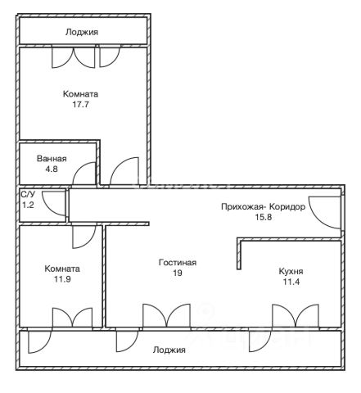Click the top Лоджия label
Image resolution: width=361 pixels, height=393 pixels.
click(82, 32)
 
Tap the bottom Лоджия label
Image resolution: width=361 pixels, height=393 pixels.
click(169, 350)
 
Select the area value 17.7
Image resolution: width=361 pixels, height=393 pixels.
click(80, 105)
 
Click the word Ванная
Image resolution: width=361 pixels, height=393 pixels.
click(52, 159)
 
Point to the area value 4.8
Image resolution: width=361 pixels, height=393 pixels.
click(52, 169)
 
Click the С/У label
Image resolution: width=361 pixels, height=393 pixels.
click(28, 194)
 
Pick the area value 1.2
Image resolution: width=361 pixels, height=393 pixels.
click(28, 205)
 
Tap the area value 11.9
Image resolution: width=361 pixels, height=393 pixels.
click(62, 279)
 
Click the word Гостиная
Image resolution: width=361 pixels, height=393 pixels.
click(178, 263)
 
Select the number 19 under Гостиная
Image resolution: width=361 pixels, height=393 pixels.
click(178, 273)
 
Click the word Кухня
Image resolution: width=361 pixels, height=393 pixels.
click(291, 271)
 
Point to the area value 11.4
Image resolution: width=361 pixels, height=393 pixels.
click(291, 282)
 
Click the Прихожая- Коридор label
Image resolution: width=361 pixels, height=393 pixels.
click(263, 207)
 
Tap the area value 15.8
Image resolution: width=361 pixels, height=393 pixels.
click(263, 218)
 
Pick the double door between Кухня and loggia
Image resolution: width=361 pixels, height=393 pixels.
click(296, 315)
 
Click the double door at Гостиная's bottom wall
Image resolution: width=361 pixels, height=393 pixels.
click(166, 315)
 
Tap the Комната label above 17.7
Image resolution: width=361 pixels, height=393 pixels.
click(80, 94)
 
